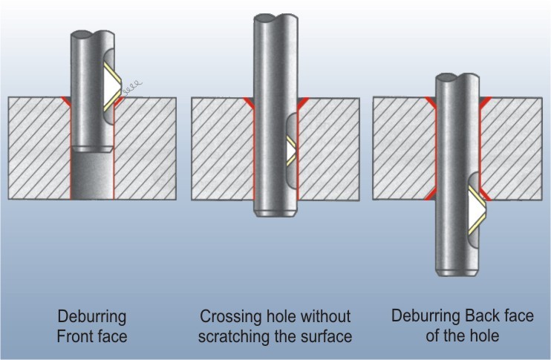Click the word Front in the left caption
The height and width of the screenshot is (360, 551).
(73, 337)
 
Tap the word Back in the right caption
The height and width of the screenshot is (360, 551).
(469, 315)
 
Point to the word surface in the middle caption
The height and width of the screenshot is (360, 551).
(323, 337)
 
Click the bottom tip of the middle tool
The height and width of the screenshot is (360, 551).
(276, 214)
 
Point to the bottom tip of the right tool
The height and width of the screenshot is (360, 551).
(456, 273)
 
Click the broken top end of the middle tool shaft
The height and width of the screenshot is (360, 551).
(276, 16)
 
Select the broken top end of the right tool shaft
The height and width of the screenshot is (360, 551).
(456, 76)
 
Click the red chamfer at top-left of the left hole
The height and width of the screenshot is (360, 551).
(67, 100)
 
